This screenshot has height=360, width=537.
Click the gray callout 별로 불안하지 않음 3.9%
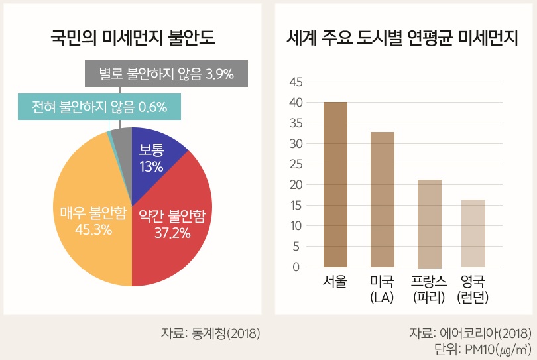tap(166, 74)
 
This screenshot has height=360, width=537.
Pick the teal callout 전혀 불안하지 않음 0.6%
tap(99, 106)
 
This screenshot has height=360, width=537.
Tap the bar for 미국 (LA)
tap(382, 199)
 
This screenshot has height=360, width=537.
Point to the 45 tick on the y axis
tap(296, 82)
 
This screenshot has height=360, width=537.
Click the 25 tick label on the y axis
tap(296, 164)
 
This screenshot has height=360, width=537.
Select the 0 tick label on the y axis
tap(296, 267)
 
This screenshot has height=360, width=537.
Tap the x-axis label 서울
tap(335, 281)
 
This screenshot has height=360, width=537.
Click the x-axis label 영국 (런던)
tap(473, 289)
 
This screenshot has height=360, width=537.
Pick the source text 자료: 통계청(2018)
tap(210, 333)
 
